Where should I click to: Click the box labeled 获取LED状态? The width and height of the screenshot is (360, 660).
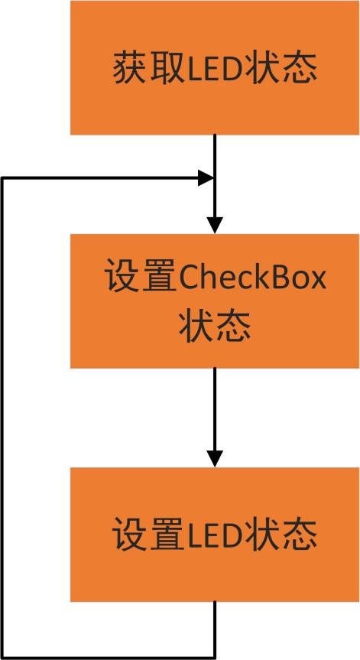(215, 68)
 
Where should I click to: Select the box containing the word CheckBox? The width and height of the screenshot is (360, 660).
(215, 301)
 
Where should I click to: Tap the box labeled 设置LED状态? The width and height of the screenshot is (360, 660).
(215, 534)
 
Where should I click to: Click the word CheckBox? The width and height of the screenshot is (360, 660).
(251, 278)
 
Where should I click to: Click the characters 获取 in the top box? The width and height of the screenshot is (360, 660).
(148, 69)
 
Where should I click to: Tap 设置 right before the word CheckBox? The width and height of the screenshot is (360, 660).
(141, 278)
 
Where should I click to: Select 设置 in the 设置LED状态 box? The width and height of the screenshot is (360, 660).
(148, 535)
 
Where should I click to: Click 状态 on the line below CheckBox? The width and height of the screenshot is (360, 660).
(215, 327)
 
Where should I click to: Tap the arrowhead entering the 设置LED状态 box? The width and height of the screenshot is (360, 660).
(215, 459)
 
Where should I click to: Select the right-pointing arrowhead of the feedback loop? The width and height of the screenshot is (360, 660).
(206, 178)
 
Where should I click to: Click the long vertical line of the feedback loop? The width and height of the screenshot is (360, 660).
(2, 418)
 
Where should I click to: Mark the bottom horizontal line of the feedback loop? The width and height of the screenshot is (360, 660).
(109, 657)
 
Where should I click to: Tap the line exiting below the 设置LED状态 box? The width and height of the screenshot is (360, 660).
(215, 629)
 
